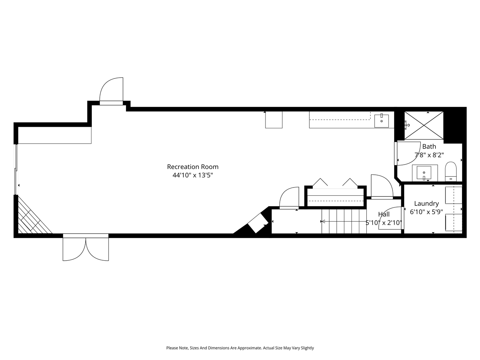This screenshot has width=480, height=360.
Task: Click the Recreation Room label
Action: click(192, 167)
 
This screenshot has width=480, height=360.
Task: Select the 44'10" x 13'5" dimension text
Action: click(192, 175)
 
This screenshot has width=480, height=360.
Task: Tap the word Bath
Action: click(429, 147)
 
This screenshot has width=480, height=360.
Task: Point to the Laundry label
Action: click(426, 204)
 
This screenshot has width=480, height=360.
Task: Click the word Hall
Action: click(384, 214)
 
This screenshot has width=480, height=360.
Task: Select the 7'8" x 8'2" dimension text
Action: click(429, 154)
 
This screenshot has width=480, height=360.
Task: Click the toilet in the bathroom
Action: click(450, 171)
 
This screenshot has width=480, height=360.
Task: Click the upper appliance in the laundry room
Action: click(453, 195)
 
